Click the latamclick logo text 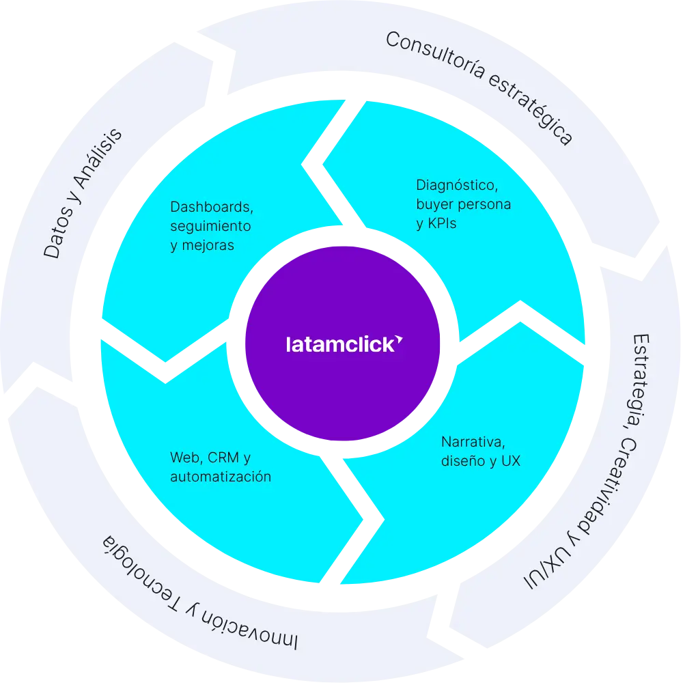(339, 343)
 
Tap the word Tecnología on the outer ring (140, 567)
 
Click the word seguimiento (210, 225)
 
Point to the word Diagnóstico (451, 184)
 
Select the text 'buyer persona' (463, 204)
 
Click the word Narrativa (472, 441)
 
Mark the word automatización (220, 476)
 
